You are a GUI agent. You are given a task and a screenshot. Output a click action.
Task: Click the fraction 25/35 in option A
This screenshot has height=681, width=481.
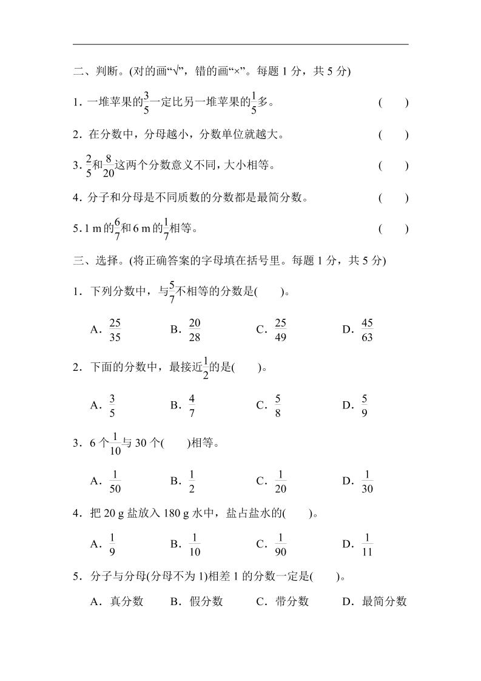click(115, 330)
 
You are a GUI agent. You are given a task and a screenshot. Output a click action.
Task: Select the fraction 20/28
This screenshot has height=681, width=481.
click(195, 330)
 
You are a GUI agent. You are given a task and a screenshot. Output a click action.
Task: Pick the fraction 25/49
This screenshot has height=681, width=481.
click(280, 330)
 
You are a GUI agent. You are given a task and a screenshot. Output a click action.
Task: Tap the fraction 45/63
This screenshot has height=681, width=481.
click(366, 330)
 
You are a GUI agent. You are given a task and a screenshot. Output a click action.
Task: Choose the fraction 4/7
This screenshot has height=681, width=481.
click(192, 405)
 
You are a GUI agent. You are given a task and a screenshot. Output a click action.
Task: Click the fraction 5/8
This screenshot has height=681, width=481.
click(277, 405)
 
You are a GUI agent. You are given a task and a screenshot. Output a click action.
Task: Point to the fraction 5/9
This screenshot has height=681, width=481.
click(364, 405)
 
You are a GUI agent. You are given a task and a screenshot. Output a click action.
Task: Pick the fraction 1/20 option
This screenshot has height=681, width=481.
click(280, 481)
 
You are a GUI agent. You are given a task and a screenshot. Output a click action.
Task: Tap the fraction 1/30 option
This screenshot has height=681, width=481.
click(366, 481)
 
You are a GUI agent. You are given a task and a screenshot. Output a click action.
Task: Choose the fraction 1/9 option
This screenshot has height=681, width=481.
click(112, 544)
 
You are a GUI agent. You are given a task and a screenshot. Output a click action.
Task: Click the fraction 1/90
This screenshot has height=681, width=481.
click(280, 544)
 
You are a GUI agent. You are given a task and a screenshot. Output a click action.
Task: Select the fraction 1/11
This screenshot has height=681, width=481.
click(366, 544)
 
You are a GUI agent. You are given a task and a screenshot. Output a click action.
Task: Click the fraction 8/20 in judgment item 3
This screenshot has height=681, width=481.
click(109, 166)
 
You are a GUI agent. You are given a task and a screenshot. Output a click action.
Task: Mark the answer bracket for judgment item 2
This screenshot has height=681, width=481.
click(393, 134)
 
